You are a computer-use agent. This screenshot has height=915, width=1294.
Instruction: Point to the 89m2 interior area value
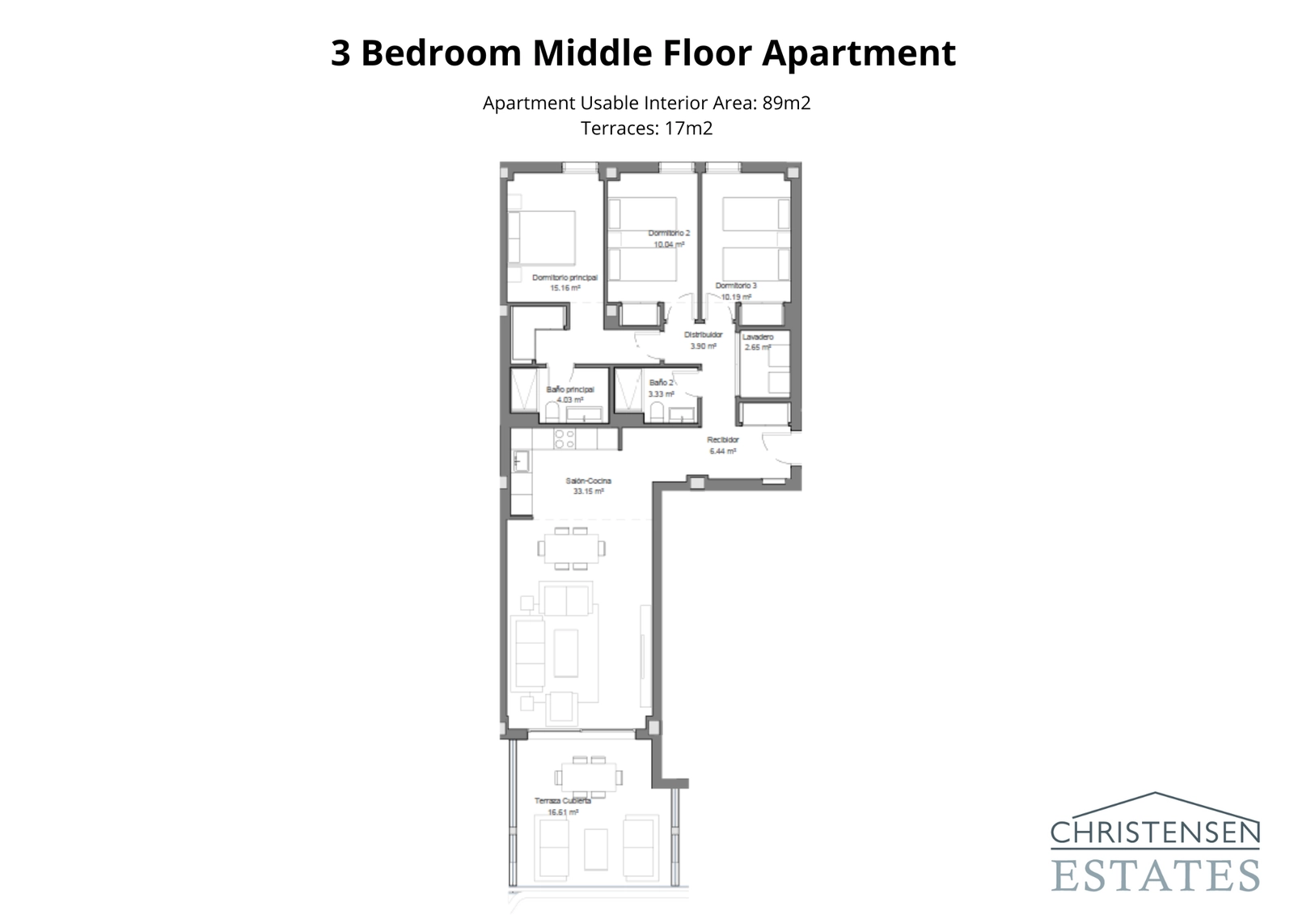[786, 103]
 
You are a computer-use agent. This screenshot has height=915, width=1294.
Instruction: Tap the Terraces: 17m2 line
[646, 128]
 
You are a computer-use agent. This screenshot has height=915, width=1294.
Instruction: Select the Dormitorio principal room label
[565, 277]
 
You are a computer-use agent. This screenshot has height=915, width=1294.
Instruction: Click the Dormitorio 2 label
[669, 233]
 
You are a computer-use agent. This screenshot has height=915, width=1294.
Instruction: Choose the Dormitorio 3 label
[736, 286]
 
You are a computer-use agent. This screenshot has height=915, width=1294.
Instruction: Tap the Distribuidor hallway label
[703, 335]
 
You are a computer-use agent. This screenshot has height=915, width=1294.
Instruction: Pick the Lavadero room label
[758, 337]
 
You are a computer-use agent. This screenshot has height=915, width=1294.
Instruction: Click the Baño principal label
[570, 389]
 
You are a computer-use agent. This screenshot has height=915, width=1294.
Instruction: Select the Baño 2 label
[661, 383]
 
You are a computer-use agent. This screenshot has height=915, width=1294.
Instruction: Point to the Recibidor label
[722, 440]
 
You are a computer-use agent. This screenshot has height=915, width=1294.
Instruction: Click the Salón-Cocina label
[588, 481]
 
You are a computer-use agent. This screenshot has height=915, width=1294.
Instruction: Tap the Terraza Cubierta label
[562, 801]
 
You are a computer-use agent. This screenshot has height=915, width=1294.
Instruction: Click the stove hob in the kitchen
[565, 439]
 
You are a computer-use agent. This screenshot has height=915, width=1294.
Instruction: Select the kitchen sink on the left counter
[520, 461]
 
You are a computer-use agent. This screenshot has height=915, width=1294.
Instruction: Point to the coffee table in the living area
[566, 653]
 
